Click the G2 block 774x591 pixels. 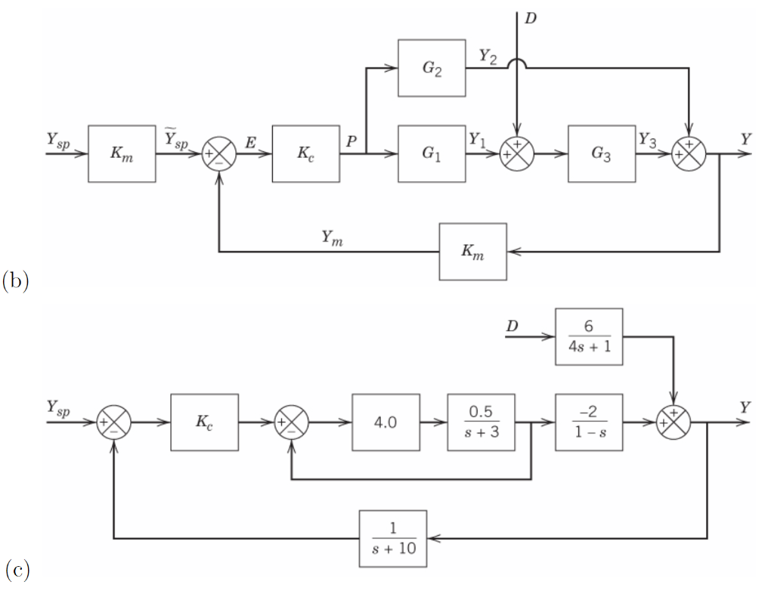[432, 68]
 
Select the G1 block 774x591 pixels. [432, 153]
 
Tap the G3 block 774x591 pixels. [602, 153]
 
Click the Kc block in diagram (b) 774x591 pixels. [306, 153]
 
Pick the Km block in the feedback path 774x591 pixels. [473, 252]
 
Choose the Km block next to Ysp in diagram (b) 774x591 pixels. [122, 153]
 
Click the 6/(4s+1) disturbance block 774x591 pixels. [589, 336]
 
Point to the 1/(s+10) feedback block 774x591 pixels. [392, 538]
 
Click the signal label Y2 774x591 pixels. [488, 57]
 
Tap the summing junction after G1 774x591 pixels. [517, 153]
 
